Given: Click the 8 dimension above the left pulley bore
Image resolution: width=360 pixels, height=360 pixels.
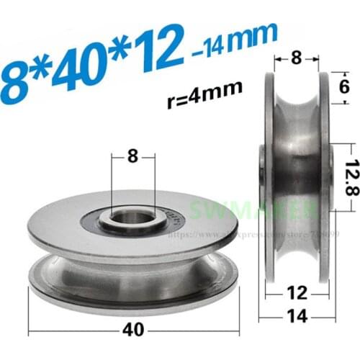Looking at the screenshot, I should (132, 154).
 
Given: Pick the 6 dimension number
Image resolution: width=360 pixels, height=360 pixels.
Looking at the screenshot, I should (343, 87).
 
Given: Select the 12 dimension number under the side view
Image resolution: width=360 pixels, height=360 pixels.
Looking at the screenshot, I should (294, 293).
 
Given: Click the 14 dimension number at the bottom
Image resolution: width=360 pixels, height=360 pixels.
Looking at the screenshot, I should (294, 315).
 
